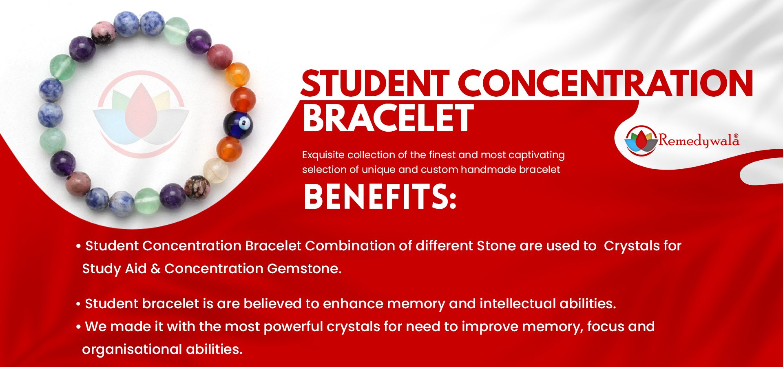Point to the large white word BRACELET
(388, 118)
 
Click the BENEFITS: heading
(380, 197)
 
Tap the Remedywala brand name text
(699, 141)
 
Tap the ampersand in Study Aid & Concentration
(155, 269)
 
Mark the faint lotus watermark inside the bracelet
(141, 114)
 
